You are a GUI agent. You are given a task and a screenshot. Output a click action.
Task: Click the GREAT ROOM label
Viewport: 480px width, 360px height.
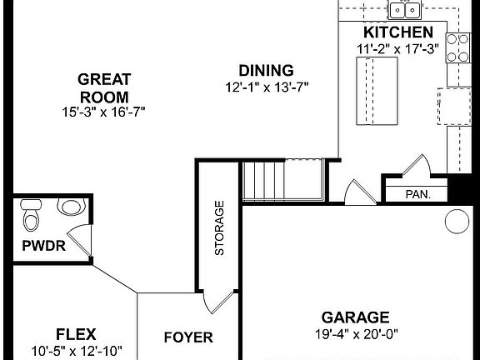point(103,87)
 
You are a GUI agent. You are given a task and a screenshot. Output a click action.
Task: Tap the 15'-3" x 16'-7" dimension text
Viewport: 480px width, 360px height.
point(103,111)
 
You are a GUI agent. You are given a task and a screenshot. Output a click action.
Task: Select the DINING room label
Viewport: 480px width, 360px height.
point(265,70)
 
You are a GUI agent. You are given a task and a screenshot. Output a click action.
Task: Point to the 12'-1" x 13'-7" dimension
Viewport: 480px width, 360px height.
point(265,87)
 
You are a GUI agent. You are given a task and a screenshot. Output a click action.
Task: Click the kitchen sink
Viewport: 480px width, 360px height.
point(404,10)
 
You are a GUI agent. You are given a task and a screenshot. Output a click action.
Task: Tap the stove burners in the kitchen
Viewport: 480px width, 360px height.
point(457,48)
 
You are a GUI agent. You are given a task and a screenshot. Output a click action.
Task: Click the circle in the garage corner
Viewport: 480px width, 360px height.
point(456,221)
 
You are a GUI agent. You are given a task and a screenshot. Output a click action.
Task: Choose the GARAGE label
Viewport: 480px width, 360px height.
point(355,317)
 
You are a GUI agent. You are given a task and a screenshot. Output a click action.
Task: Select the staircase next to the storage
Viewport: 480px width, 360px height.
point(282,180)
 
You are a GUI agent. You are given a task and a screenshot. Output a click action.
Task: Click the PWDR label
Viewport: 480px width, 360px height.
point(44,246)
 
